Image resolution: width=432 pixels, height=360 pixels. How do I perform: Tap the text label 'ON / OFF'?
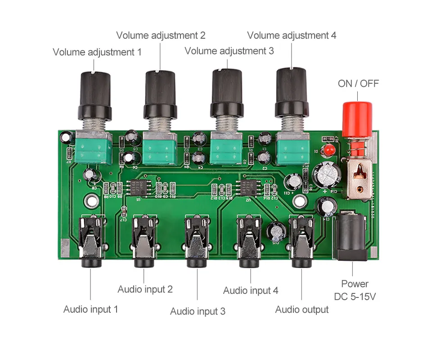[x=358, y=84]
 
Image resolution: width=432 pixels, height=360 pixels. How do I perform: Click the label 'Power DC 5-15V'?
[x=355, y=290]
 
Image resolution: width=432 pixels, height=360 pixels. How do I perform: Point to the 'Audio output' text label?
[x=301, y=310]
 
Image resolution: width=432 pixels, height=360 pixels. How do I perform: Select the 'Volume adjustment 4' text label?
[x=292, y=35]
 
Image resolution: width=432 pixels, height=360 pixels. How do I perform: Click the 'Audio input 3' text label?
[x=198, y=311]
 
